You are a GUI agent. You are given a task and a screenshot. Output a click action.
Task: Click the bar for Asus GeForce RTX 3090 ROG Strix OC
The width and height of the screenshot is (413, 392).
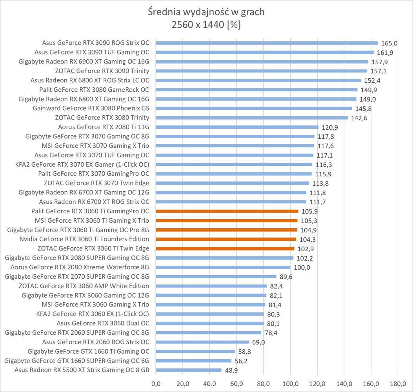(267, 43)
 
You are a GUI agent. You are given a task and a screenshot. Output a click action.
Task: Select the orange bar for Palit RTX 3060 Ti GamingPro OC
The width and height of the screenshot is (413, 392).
(227, 211)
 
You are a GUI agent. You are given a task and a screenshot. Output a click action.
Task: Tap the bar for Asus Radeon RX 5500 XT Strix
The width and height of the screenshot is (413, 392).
(189, 370)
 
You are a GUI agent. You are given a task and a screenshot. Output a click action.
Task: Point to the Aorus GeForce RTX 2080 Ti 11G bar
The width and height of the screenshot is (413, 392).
(237, 127)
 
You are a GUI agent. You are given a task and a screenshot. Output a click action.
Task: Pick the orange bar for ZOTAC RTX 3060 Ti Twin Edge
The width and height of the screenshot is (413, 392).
(225, 249)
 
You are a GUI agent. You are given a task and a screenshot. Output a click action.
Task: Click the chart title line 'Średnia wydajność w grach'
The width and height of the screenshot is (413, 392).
(206, 12)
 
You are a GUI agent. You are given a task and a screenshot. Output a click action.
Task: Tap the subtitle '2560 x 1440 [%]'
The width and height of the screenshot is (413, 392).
(206, 25)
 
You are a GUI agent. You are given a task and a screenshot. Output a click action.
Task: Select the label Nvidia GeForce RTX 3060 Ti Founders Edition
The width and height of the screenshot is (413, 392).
(84, 239)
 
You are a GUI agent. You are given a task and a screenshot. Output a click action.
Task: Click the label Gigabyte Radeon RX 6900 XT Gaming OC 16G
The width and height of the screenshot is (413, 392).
(84, 62)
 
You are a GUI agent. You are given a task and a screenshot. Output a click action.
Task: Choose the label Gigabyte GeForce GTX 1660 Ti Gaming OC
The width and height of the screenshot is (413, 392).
(89, 351)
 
